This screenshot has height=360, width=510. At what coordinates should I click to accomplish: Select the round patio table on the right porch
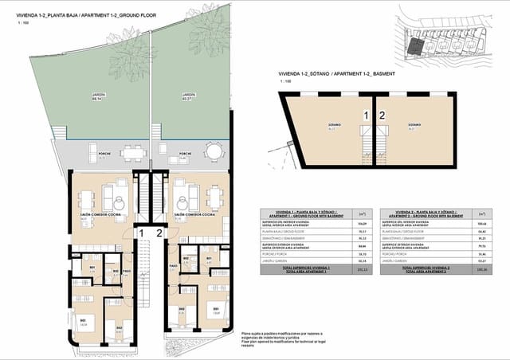tap(214, 151)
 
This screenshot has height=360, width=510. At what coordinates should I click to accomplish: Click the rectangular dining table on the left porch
tap(131, 152)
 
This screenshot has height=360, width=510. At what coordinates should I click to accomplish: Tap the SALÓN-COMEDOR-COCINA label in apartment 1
tap(96, 214)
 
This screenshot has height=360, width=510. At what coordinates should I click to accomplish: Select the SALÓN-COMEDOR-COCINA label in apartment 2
tap(195, 214)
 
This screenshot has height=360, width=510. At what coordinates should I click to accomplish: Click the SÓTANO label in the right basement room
tap(414, 126)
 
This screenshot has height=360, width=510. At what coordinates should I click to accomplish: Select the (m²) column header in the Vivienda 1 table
tap(363, 213)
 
